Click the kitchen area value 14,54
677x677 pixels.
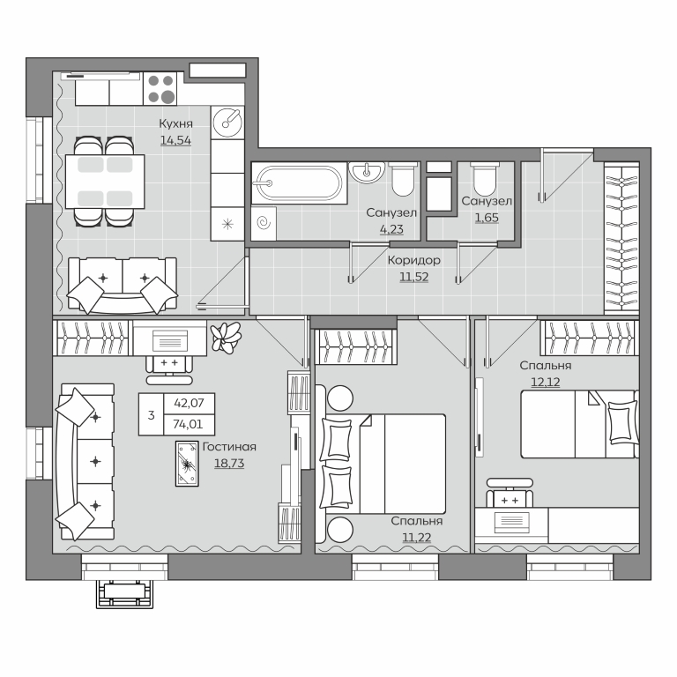[x=175, y=140]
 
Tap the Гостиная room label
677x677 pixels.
[x=229, y=446]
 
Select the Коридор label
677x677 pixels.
[x=414, y=260]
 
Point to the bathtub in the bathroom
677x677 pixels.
[x=299, y=183]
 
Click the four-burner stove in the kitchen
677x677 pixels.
[x=160, y=88]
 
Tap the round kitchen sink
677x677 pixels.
[x=227, y=123]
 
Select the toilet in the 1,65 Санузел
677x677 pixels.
[x=486, y=179]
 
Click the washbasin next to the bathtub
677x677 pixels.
[x=367, y=172]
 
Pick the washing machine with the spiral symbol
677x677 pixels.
[x=264, y=223]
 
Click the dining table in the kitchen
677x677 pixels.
[x=105, y=182]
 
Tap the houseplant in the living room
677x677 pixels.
[x=225, y=338]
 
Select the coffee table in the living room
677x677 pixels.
[x=187, y=464]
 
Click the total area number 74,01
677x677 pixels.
[x=188, y=424]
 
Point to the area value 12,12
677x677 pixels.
[x=546, y=382]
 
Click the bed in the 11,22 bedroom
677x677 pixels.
[x=382, y=465]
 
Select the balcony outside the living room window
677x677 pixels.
[x=125, y=594]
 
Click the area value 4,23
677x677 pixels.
[x=391, y=229]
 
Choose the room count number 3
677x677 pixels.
[x=151, y=415]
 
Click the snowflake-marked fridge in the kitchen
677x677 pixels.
[x=227, y=224]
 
